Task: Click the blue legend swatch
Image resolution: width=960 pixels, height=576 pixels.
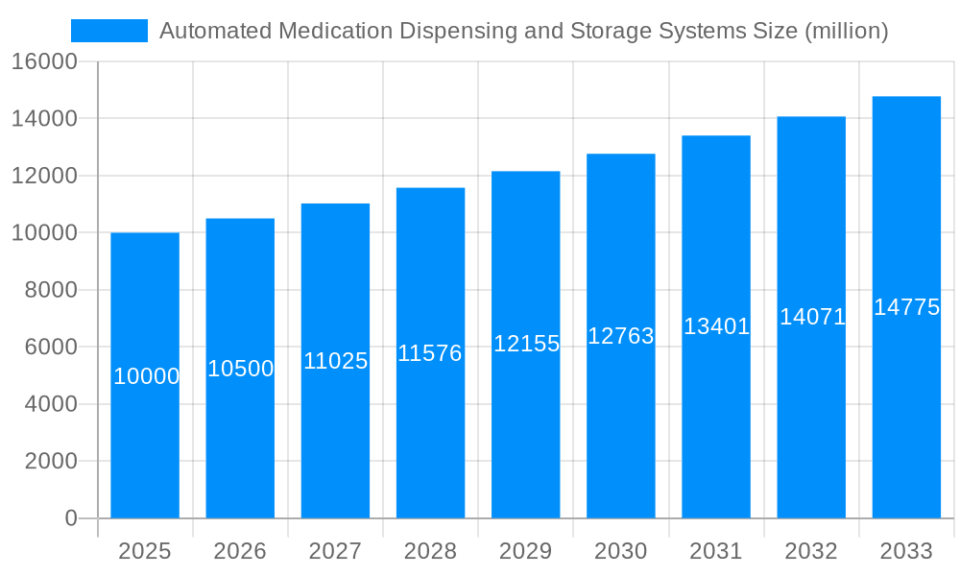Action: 108,31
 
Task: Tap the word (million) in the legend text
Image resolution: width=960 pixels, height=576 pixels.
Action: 846,31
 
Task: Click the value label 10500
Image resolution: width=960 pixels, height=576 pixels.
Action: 241,369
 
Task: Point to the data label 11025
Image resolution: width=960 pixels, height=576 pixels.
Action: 336,361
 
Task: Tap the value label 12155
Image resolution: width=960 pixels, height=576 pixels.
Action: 526,344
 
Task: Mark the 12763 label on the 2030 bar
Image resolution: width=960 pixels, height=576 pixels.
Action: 621,336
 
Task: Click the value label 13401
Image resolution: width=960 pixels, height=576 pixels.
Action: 716,326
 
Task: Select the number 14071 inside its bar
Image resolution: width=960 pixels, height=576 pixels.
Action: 812,317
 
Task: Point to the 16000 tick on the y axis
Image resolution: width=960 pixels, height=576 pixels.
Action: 43,61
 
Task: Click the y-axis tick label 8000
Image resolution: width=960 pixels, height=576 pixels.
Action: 50,290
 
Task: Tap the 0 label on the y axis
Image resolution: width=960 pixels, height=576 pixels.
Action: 70,518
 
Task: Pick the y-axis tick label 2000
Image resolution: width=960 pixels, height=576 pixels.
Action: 50,461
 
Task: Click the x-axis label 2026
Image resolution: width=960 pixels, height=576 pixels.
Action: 240,551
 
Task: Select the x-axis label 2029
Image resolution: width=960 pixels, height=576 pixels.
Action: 526,551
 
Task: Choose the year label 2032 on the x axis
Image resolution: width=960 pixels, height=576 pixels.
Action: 811,551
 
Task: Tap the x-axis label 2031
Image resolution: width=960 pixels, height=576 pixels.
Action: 716,551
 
